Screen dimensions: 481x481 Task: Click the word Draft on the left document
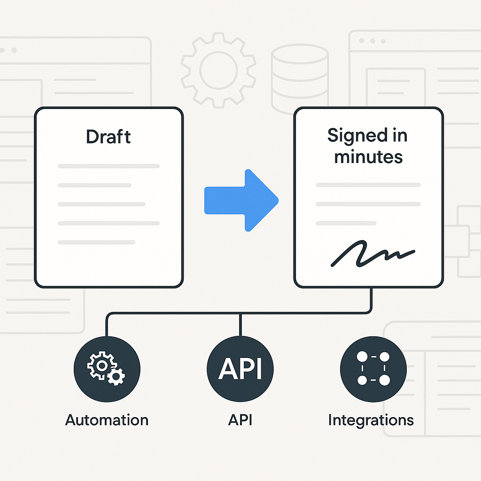(108, 137)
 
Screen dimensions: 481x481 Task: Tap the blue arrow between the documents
(241, 200)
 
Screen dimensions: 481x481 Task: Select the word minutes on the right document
(368, 156)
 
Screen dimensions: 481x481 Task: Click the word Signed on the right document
(351, 136)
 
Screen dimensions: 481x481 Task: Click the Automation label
(107, 419)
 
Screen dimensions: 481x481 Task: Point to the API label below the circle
(240, 419)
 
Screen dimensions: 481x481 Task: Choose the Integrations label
(371, 419)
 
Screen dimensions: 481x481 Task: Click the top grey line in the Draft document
(109, 166)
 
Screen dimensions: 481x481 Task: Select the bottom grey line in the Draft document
(96, 242)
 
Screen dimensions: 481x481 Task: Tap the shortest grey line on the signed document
(346, 223)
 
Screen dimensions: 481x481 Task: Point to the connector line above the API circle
(240, 324)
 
